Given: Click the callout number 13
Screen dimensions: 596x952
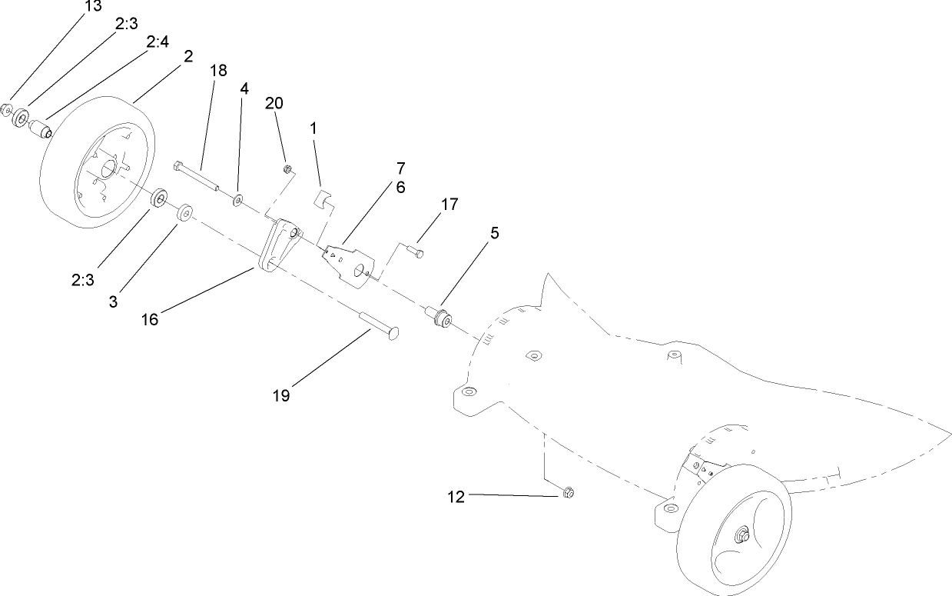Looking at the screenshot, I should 93,7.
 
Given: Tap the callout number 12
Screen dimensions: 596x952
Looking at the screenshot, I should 456,497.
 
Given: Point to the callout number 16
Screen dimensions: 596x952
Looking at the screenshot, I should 149,318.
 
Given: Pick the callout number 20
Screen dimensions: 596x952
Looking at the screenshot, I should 275,104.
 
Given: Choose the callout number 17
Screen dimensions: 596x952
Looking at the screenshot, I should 449,205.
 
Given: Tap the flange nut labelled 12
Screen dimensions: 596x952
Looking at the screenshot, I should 569,491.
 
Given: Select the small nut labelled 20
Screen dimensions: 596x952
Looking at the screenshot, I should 287,169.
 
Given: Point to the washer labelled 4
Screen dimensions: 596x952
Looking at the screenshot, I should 239,201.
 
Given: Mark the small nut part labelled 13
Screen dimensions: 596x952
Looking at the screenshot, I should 6,110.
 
